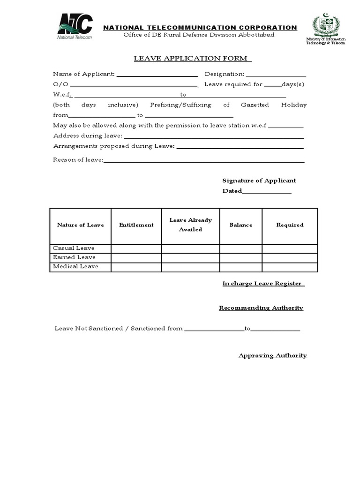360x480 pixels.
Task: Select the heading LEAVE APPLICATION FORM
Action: click(192, 58)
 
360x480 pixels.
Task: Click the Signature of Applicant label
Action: click(259, 180)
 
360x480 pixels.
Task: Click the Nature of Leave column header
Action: click(80, 225)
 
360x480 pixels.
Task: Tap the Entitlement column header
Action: click(136, 225)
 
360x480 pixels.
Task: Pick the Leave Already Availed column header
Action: click(190, 225)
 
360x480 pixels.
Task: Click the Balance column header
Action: click(240, 225)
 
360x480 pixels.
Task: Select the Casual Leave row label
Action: click(74, 248)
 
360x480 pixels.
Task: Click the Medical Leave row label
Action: click(75, 267)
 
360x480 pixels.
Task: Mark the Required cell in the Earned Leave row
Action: click(289, 258)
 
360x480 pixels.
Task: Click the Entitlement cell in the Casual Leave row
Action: click(136, 248)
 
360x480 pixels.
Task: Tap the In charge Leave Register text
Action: click(263, 284)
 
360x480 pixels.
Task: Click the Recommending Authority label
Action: click(261, 308)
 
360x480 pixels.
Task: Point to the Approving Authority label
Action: click(272, 355)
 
